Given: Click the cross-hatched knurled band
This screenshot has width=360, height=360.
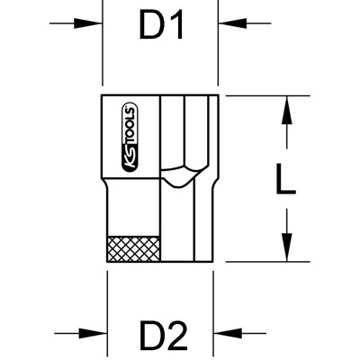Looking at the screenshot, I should coord(135,247).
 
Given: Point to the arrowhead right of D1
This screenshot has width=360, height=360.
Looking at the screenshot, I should coord(229,26).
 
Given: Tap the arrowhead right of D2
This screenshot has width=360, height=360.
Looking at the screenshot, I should coord(229,334).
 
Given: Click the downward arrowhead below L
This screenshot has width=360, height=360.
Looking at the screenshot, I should coord(285,247).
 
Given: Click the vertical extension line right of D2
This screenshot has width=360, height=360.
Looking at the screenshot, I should coord(218,306).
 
